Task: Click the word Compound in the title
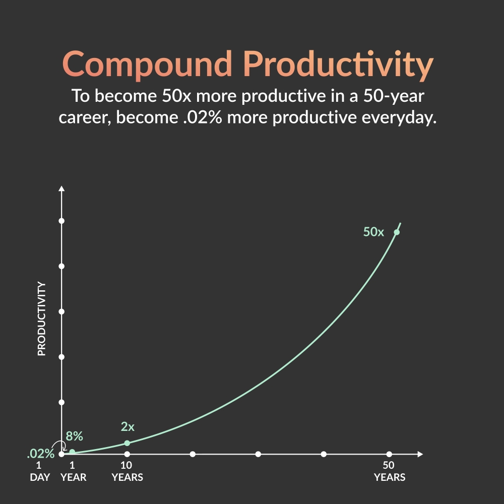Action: [x=147, y=64]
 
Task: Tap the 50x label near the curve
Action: [x=373, y=232]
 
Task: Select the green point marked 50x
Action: [x=397, y=232]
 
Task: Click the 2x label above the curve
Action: [x=128, y=426]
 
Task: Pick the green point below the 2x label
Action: [x=127, y=443]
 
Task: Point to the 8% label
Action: [x=74, y=436]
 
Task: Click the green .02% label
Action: [x=41, y=454]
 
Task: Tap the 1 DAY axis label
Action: [x=40, y=471]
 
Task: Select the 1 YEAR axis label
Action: [x=73, y=471]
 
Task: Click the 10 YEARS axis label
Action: [x=128, y=471]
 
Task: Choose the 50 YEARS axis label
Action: [x=390, y=471]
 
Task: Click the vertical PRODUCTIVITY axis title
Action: [x=42, y=319]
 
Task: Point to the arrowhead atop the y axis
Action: [x=61, y=188]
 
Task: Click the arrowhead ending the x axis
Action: [x=420, y=454]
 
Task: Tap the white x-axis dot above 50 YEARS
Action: [x=389, y=454]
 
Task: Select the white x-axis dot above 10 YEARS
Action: [x=127, y=454]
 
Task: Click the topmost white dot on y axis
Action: [x=61, y=221]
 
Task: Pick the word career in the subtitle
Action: [x=85, y=117]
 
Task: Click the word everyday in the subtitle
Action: [x=399, y=117]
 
